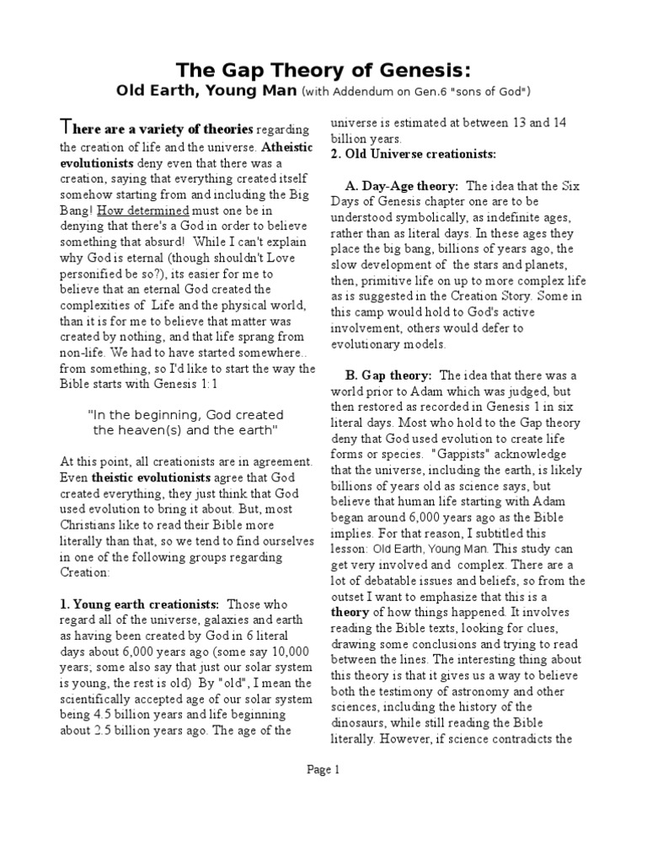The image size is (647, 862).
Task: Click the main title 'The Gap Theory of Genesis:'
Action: (323, 69)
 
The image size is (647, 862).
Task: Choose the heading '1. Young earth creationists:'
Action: (140, 604)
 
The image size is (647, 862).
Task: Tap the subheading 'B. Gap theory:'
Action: (388, 375)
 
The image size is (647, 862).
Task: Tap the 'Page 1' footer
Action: (323, 768)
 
